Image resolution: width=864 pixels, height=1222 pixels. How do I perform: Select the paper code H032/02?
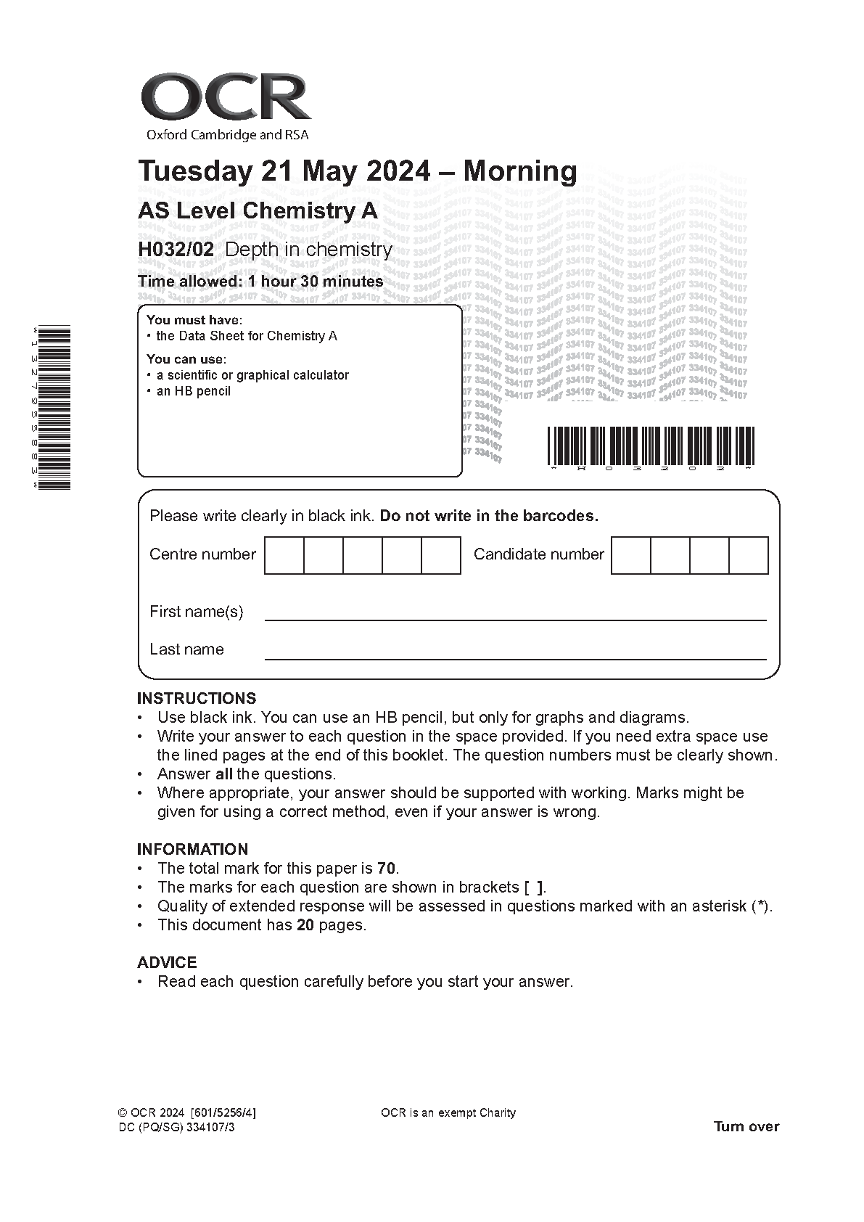pyautogui.click(x=176, y=250)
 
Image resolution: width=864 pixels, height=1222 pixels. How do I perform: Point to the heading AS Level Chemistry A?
pyautogui.click(x=258, y=211)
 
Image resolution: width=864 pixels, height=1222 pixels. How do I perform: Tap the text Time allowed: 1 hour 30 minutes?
pyautogui.click(x=260, y=282)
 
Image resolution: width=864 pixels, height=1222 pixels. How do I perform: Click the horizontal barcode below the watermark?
pyautogui.click(x=651, y=446)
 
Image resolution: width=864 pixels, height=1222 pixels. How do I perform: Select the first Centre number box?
pyautogui.click(x=284, y=555)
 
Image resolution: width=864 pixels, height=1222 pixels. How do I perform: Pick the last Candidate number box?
pyautogui.click(x=748, y=555)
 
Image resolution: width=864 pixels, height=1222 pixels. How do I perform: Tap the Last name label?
pyautogui.click(x=186, y=649)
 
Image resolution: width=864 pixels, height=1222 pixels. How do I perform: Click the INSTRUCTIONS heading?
pyautogui.click(x=197, y=699)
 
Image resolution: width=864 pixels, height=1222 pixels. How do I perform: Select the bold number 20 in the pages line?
pyautogui.click(x=305, y=925)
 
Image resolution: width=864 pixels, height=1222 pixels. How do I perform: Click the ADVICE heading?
pyautogui.click(x=167, y=963)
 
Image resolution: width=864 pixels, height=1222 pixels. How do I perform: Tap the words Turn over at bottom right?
pyautogui.click(x=746, y=1127)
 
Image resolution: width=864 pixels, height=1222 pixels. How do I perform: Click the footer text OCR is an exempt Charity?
pyautogui.click(x=448, y=1113)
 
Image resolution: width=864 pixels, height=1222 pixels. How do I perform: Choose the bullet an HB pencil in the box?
pyautogui.click(x=194, y=392)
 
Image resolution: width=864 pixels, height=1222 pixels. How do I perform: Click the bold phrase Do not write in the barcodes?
pyautogui.click(x=489, y=517)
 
